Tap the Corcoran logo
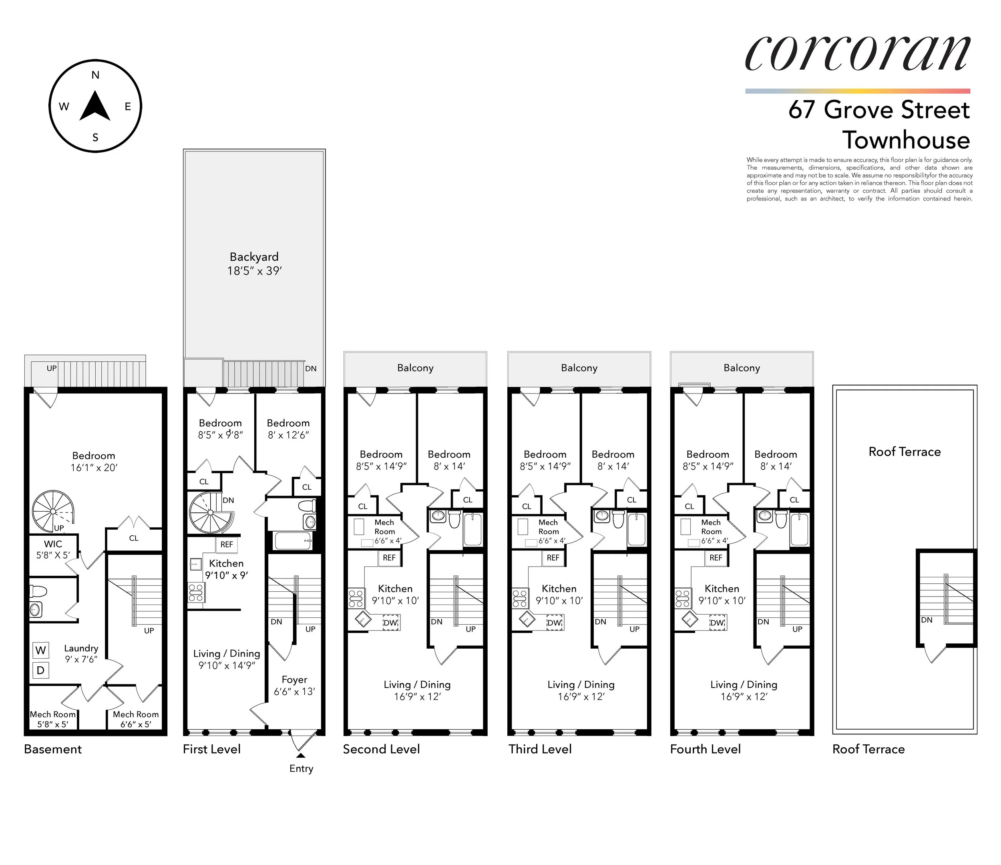pos(858,54)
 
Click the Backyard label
pos(254,257)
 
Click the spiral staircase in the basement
pos(53,511)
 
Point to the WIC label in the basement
pos(53,544)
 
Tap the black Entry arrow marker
pos(301,755)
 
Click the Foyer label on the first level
pos(294,680)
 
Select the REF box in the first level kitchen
pos(227,544)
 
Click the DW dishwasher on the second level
pos(390,623)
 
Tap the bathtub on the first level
pos(293,540)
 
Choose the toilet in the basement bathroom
pos(38,591)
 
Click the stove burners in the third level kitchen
pos(520,599)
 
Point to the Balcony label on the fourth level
pos(742,368)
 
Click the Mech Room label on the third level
pos(548,527)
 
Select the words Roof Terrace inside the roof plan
pos(905,452)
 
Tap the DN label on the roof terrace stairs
pos(927,620)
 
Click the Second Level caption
pos(381,749)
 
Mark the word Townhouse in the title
pos(906,140)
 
